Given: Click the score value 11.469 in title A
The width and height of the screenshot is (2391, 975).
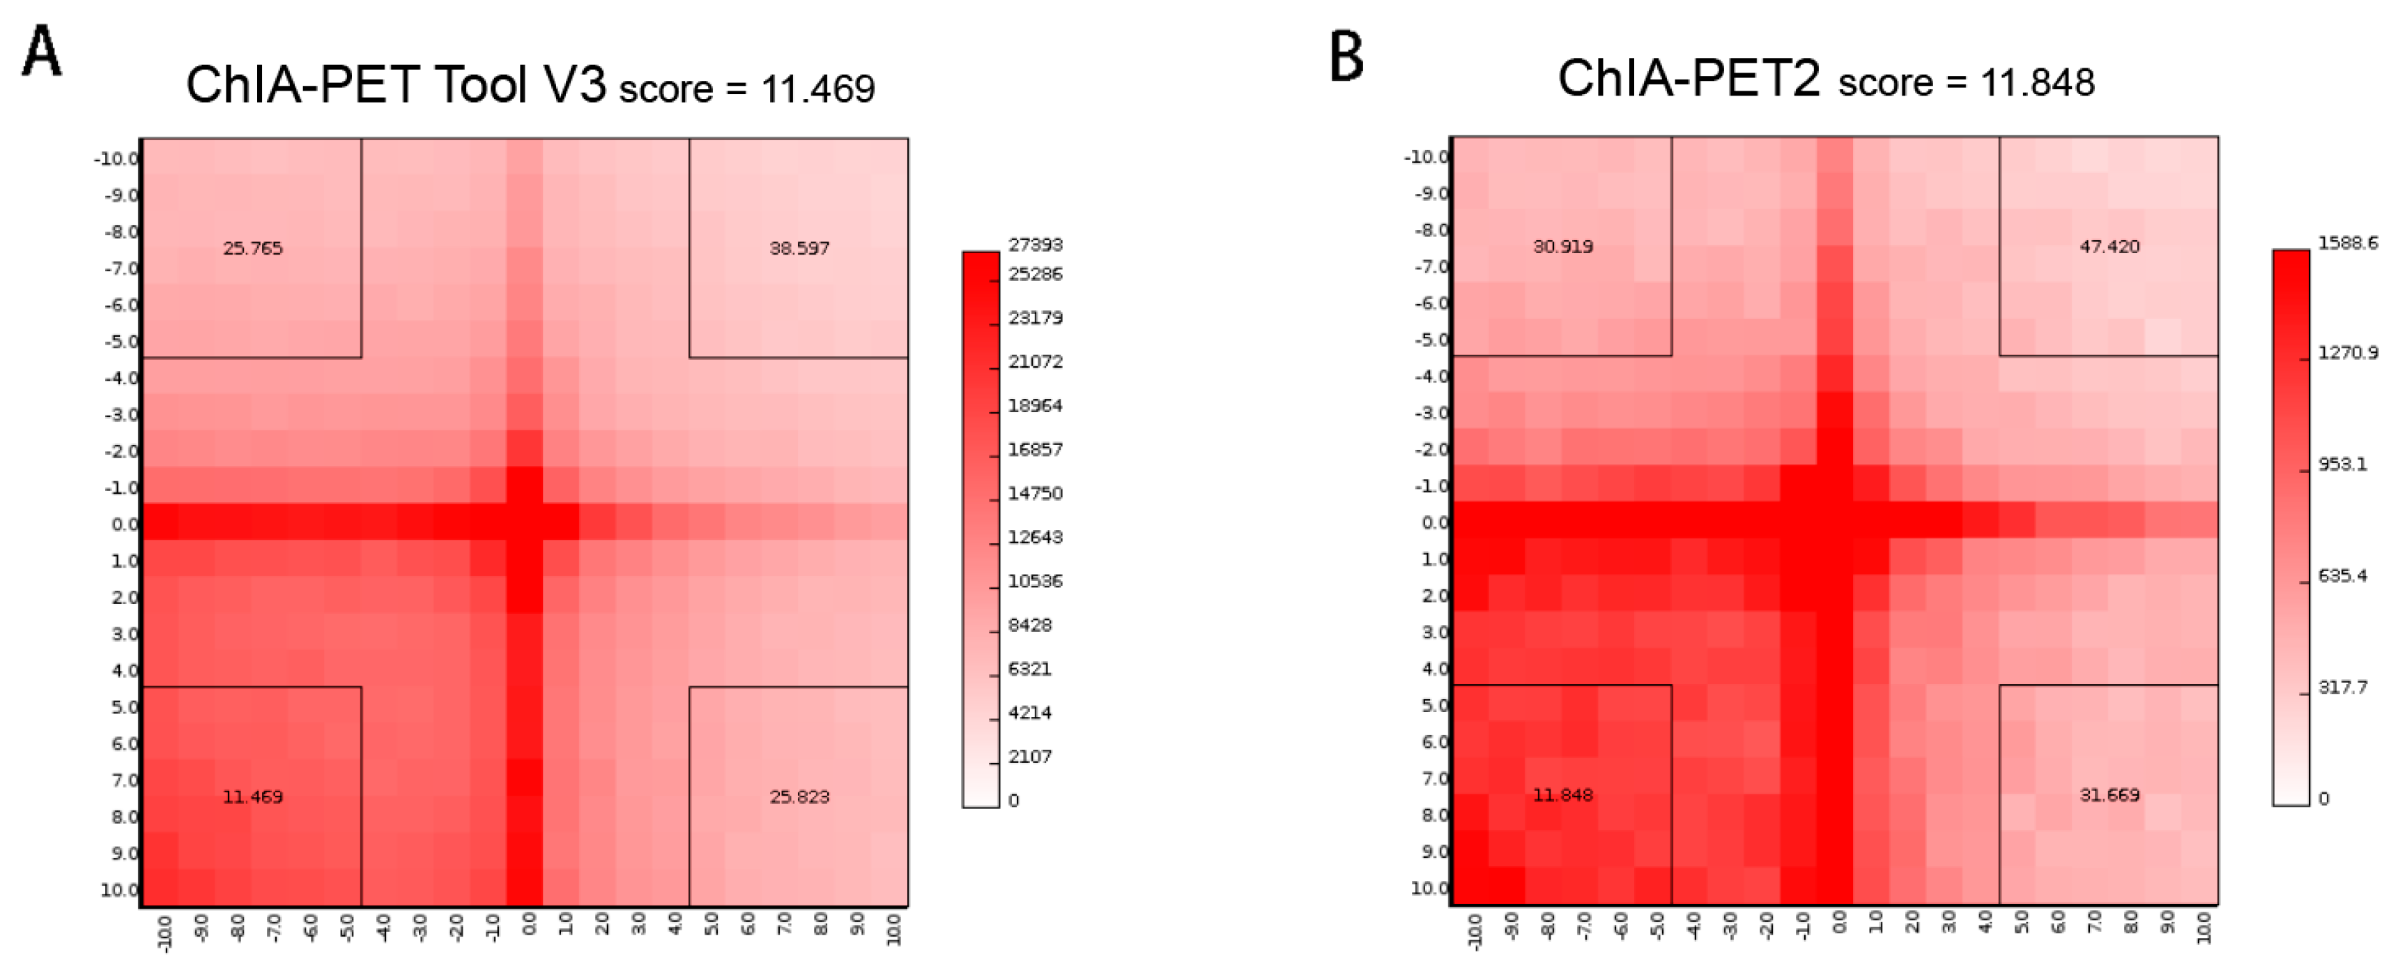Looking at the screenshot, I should (817, 89).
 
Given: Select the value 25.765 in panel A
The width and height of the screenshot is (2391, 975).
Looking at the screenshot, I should (252, 248).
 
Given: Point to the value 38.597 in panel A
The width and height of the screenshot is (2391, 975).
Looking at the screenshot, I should (799, 248).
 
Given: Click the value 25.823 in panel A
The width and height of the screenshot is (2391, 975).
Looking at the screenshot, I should (799, 796).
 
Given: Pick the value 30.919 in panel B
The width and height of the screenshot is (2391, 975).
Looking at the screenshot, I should (1563, 246).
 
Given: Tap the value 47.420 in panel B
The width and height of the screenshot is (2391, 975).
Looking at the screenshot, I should (2109, 246).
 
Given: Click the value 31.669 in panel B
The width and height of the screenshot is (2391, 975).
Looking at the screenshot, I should (2109, 795).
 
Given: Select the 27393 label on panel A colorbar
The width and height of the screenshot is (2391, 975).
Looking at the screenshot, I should (1035, 244).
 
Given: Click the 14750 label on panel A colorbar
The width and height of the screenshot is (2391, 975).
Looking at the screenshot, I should (1035, 493).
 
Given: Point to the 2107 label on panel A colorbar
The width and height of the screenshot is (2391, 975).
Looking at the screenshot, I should (1030, 756).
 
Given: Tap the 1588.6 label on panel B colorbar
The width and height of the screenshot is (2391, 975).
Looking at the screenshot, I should (2347, 243).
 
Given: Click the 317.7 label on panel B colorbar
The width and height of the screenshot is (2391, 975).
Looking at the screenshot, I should (2342, 687).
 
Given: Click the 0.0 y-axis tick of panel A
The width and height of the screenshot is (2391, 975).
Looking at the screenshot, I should (124, 524).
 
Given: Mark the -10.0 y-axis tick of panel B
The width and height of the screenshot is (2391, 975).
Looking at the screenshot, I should (1426, 157).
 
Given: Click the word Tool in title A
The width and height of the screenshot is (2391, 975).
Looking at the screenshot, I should (480, 85).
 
